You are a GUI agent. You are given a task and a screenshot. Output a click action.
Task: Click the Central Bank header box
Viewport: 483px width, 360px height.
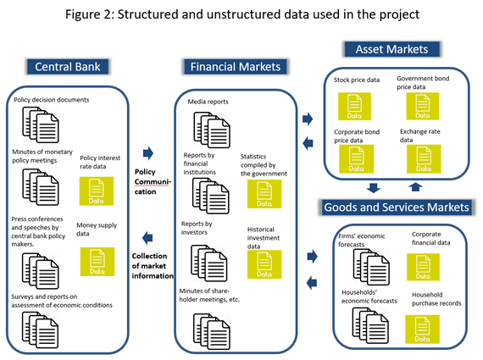[x=68, y=67]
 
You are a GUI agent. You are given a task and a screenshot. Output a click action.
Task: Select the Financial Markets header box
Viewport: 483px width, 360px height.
[x=236, y=67]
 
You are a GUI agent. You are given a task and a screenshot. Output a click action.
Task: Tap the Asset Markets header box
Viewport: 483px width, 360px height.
[x=391, y=49]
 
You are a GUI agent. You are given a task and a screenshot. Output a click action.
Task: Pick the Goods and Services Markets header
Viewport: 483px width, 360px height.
[x=396, y=208]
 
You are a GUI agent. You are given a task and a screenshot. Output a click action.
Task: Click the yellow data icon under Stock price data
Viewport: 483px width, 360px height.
[x=354, y=106]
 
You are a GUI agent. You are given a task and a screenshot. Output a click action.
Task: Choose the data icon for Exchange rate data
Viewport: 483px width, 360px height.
[x=424, y=159]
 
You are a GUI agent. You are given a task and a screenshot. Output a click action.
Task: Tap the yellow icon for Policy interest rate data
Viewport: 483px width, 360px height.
[x=97, y=191]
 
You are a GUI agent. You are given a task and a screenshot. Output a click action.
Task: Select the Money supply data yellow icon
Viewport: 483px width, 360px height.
[x=97, y=262]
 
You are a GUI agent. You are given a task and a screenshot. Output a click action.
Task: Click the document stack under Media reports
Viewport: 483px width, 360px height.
[x=212, y=130]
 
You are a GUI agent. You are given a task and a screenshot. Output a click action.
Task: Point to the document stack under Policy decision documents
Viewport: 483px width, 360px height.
[x=41, y=125]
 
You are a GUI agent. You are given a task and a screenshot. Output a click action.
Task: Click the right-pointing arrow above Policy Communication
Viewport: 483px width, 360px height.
[x=148, y=153]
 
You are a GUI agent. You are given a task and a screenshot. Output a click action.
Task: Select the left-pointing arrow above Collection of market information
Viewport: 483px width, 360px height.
[x=147, y=238]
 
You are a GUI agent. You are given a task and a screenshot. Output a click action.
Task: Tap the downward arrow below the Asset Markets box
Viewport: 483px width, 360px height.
[x=374, y=187]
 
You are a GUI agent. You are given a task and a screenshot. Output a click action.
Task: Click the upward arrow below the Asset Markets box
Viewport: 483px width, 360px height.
[x=415, y=187]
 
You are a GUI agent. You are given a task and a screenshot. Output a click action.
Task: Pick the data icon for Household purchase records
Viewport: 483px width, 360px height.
[x=422, y=330]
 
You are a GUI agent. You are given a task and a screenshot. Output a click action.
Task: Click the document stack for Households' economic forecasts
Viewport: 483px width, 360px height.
[x=370, y=326]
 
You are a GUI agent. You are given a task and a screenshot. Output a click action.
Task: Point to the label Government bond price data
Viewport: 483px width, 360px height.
[x=423, y=82]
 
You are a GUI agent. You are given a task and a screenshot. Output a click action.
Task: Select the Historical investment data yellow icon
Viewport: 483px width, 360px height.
[x=264, y=264]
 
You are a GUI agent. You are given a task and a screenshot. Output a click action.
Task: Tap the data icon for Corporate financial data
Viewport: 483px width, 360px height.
[x=423, y=267]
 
